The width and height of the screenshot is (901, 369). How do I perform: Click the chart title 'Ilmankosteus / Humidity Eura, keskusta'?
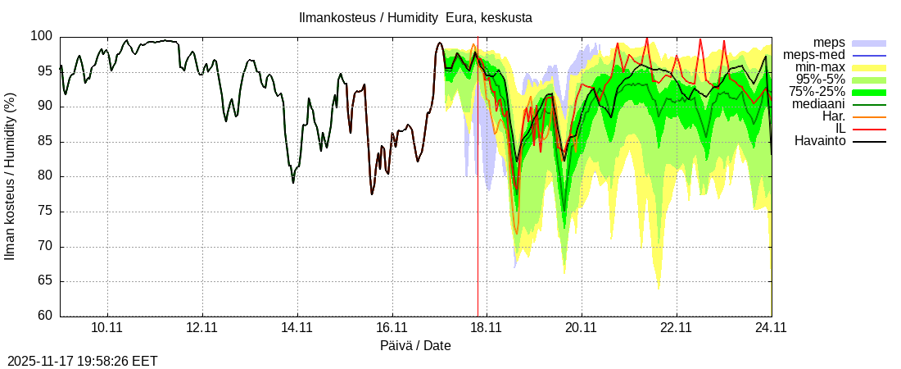click(x=414, y=17)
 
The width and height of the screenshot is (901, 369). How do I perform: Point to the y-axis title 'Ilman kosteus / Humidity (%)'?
click(x=11, y=176)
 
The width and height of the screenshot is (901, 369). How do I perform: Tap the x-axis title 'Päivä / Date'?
click(x=415, y=345)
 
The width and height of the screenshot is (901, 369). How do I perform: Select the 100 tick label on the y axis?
click(x=42, y=36)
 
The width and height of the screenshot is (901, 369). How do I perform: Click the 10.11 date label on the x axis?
click(x=106, y=328)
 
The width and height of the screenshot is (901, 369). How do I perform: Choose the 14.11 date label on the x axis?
click(x=297, y=328)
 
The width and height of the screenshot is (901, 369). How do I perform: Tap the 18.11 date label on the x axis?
click(x=487, y=328)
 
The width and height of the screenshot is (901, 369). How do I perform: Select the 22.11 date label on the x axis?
click(x=677, y=328)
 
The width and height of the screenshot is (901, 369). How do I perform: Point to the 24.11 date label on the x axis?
click(x=772, y=328)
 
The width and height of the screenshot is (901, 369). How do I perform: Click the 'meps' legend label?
click(x=829, y=43)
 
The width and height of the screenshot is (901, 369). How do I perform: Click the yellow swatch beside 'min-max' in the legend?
click(x=869, y=67)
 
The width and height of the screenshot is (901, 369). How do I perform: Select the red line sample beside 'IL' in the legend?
click(x=869, y=129)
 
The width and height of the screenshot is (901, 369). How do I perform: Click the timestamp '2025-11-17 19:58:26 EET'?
click(x=83, y=361)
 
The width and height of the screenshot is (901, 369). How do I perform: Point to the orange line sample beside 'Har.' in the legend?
click(x=869, y=116)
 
